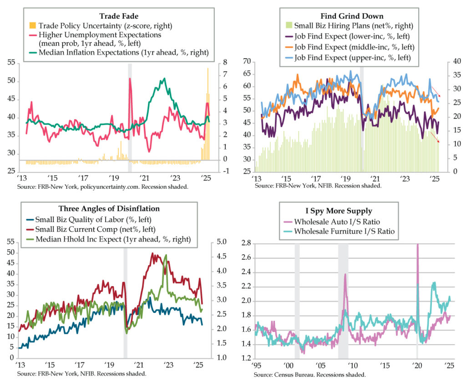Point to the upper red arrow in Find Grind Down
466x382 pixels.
click(x=435, y=91)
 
